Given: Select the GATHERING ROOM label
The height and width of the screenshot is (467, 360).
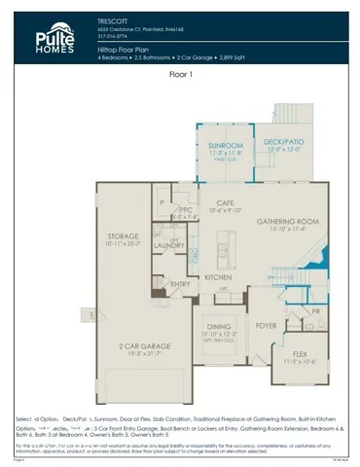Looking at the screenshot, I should pos(280,222).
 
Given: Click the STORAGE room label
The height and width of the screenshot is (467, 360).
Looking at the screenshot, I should pos(124,236).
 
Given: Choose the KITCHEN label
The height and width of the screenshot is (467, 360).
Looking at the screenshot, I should pos(217,277).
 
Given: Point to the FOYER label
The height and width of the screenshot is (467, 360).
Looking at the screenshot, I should pos(266,326).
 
